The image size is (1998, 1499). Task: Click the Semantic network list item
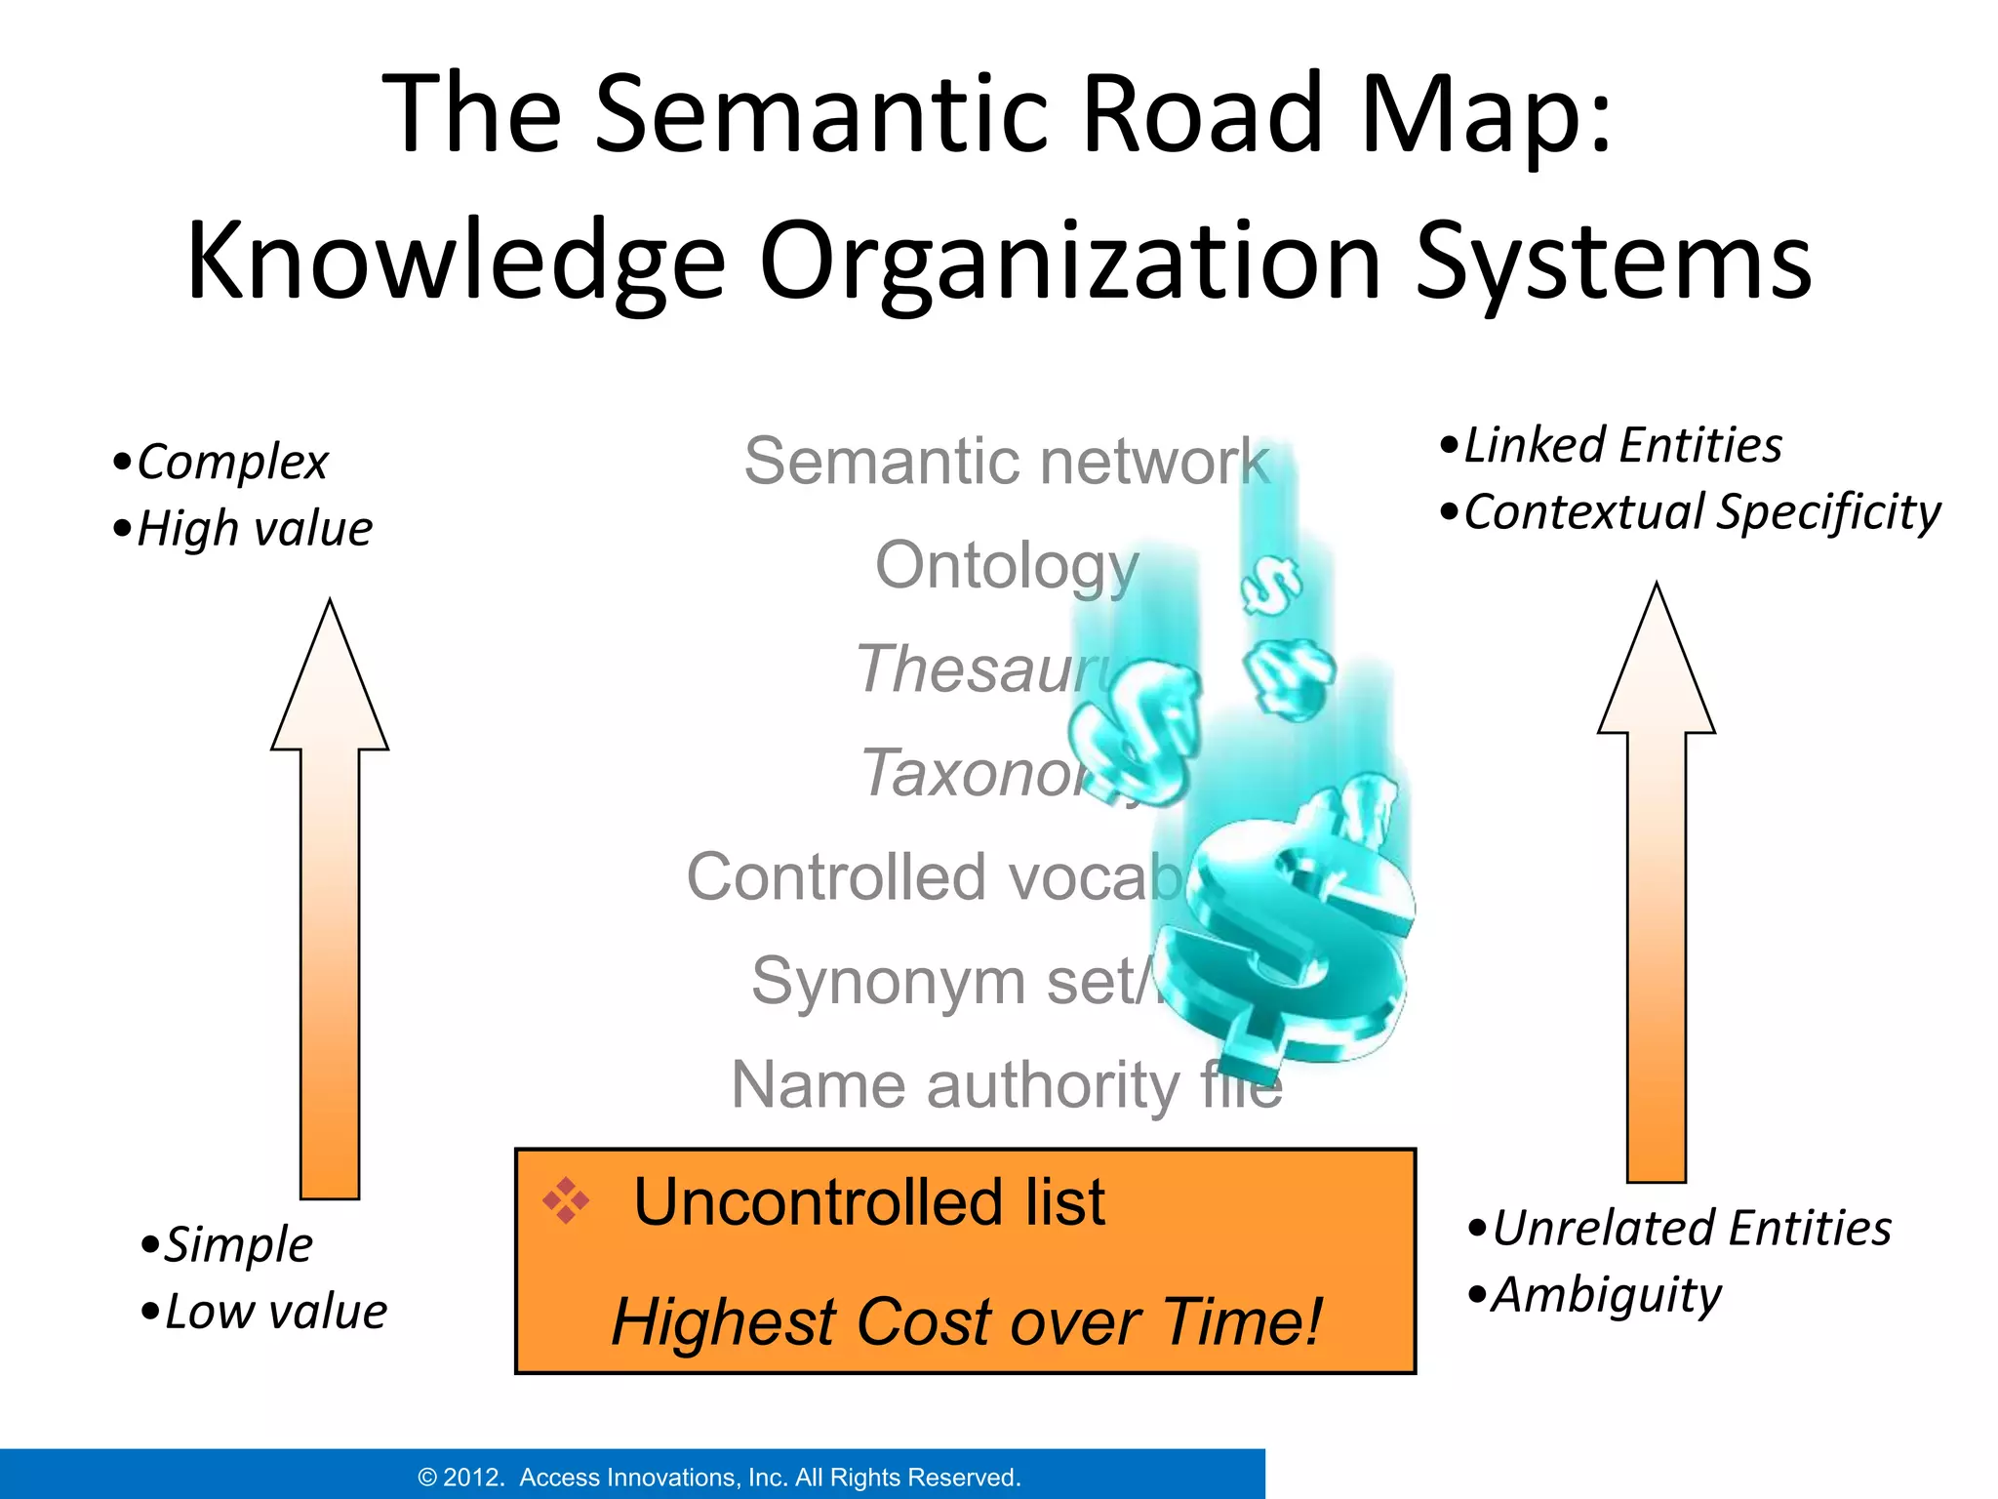tap(1005, 461)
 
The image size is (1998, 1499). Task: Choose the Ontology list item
tap(1005, 565)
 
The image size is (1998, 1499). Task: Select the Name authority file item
tap(1005, 1085)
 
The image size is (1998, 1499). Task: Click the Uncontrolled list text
tap(868, 1201)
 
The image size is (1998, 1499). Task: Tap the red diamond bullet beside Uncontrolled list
tap(566, 1200)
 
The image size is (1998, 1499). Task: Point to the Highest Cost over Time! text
tap(966, 1321)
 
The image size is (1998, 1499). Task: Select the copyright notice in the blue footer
tap(719, 1478)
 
